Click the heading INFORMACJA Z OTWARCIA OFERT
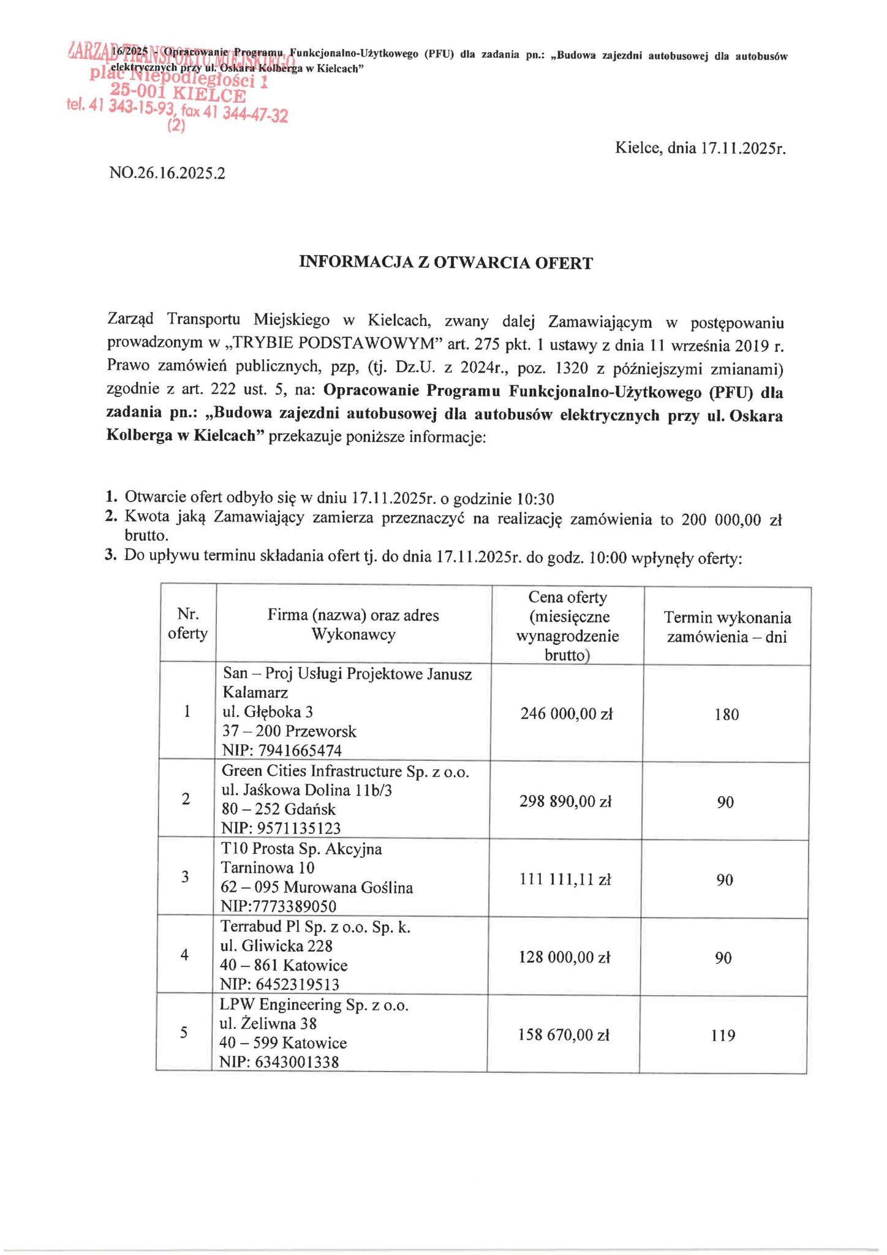click(x=445, y=263)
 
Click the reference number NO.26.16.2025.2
click(x=167, y=173)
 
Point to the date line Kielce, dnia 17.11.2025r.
click(x=700, y=148)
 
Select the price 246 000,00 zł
click(x=566, y=713)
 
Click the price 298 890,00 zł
click(x=565, y=802)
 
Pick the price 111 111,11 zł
click(x=565, y=879)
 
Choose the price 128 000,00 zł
click(x=564, y=957)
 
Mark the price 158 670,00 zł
click(x=564, y=1035)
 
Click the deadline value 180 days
click(x=727, y=715)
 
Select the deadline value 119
click(x=723, y=1036)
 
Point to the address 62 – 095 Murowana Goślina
click(x=317, y=887)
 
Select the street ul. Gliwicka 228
click(x=276, y=946)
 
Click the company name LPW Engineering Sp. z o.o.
click(x=314, y=1005)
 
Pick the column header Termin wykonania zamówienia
click(x=727, y=626)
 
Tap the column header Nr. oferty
click(x=187, y=623)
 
